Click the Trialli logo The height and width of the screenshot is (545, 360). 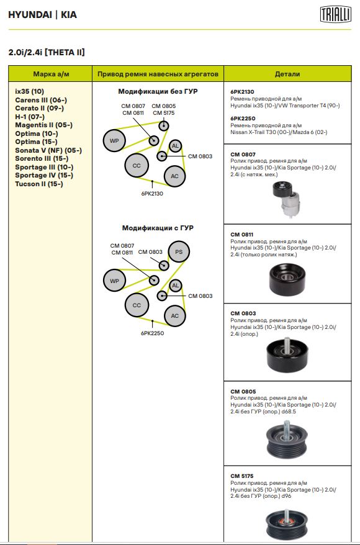coord(336,15)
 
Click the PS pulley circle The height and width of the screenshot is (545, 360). coord(179,251)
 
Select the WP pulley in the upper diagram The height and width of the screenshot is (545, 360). coord(114,141)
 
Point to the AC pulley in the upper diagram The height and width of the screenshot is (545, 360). coord(174,176)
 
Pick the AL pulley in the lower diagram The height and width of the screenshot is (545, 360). coord(176,286)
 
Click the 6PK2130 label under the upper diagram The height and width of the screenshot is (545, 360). coord(152,194)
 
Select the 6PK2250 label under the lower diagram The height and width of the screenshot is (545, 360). coord(152,333)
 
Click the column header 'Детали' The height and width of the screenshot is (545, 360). coord(287,74)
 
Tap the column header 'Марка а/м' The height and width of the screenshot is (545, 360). coord(51,74)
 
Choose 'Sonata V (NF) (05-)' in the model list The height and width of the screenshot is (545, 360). coord(48,150)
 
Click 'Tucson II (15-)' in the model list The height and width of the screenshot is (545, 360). coord(39,184)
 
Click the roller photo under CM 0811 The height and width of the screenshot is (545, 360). coord(287,279)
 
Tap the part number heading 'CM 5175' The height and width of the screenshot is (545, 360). coord(242,476)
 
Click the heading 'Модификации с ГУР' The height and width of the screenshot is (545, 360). coord(158,228)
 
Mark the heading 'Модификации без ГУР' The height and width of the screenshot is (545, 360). coord(158,91)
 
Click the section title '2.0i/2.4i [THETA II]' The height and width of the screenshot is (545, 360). coord(47,53)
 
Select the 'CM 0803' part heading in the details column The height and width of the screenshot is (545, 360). coord(243,313)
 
